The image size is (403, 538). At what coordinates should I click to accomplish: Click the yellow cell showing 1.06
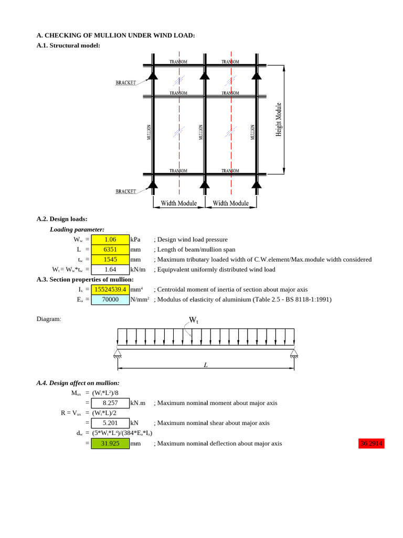coord(110,240)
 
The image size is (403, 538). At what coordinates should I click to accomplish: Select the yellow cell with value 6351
coord(110,250)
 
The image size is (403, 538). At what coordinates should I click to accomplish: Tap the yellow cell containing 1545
coord(110,260)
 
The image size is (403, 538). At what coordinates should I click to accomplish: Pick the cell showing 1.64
coord(110,270)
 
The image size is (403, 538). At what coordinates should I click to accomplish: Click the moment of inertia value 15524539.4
coord(110,289)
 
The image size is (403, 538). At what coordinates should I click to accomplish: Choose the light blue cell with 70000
coord(110,299)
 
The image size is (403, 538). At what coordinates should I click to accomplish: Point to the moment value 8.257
coord(110,403)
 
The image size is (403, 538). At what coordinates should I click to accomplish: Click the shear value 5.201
coord(110,423)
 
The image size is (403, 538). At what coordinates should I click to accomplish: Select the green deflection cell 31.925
coord(110,443)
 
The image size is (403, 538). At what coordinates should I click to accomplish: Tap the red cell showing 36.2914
coord(371,443)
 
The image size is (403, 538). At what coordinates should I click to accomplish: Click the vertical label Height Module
coord(279,120)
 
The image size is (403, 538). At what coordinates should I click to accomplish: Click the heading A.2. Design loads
coord(62,219)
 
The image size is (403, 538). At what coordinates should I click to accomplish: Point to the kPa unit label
coord(135,240)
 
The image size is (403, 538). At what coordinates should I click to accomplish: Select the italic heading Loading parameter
coord(77,229)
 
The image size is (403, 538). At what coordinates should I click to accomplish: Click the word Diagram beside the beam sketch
coord(49,319)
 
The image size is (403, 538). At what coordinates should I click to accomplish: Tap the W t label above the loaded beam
coord(193,319)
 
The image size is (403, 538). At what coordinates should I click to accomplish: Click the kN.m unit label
coord(139,403)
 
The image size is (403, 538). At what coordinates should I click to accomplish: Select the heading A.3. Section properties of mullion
coord(85,280)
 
